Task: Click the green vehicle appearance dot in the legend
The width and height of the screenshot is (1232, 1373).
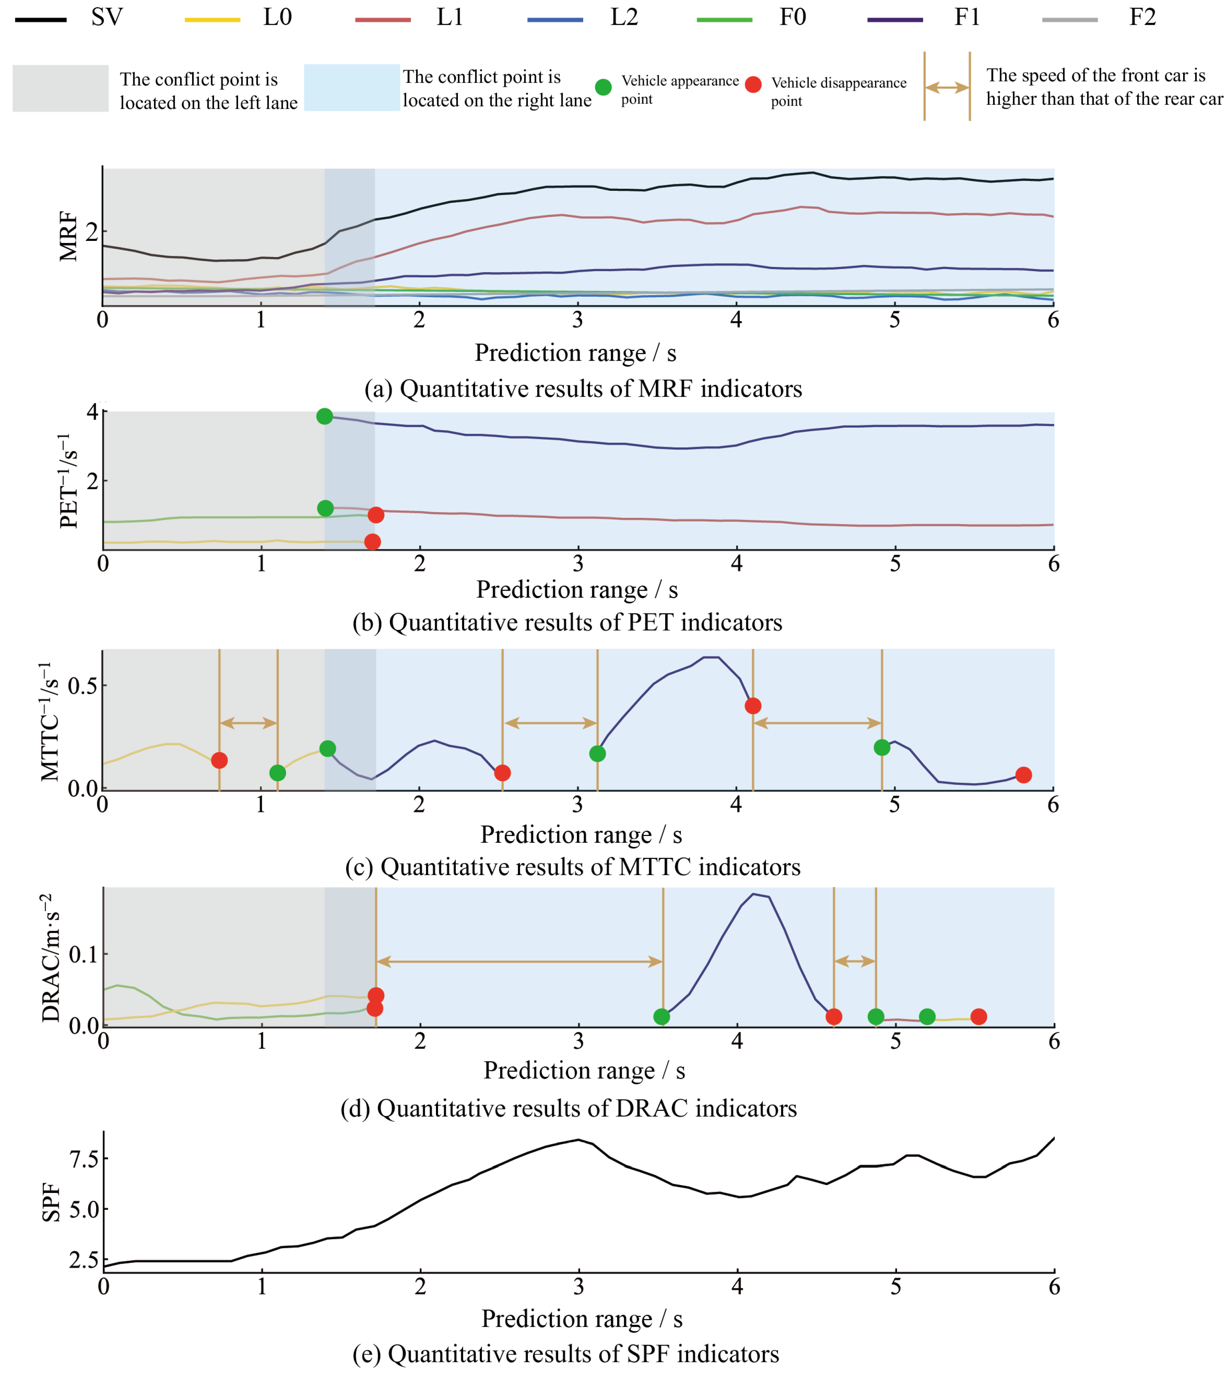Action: (603, 87)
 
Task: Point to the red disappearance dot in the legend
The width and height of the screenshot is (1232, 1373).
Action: (753, 84)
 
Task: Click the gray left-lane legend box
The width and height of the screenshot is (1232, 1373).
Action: (60, 88)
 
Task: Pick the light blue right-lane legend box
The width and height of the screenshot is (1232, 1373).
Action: (351, 87)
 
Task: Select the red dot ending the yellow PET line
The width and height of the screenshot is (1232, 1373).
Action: (372, 541)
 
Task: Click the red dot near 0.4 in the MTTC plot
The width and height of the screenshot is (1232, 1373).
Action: (752, 706)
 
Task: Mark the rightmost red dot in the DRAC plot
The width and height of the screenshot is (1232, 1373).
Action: (978, 1016)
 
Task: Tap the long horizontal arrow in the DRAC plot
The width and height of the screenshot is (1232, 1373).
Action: (519, 961)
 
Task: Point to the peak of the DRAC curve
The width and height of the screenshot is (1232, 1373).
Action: (753, 894)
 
